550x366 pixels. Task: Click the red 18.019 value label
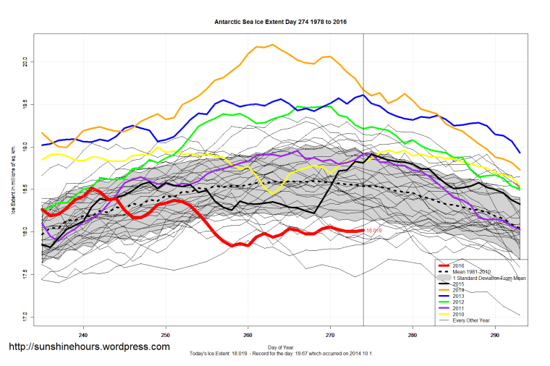(374, 230)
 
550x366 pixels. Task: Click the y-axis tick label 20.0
(25, 61)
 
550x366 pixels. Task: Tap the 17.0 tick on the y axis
(25, 317)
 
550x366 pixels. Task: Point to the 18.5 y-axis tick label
(25, 189)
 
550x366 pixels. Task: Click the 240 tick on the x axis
(84, 335)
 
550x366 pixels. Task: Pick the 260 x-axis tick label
(248, 335)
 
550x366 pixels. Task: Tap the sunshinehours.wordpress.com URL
(89, 347)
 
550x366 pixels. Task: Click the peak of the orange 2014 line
(271, 45)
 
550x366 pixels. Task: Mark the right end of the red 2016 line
(363, 230)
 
